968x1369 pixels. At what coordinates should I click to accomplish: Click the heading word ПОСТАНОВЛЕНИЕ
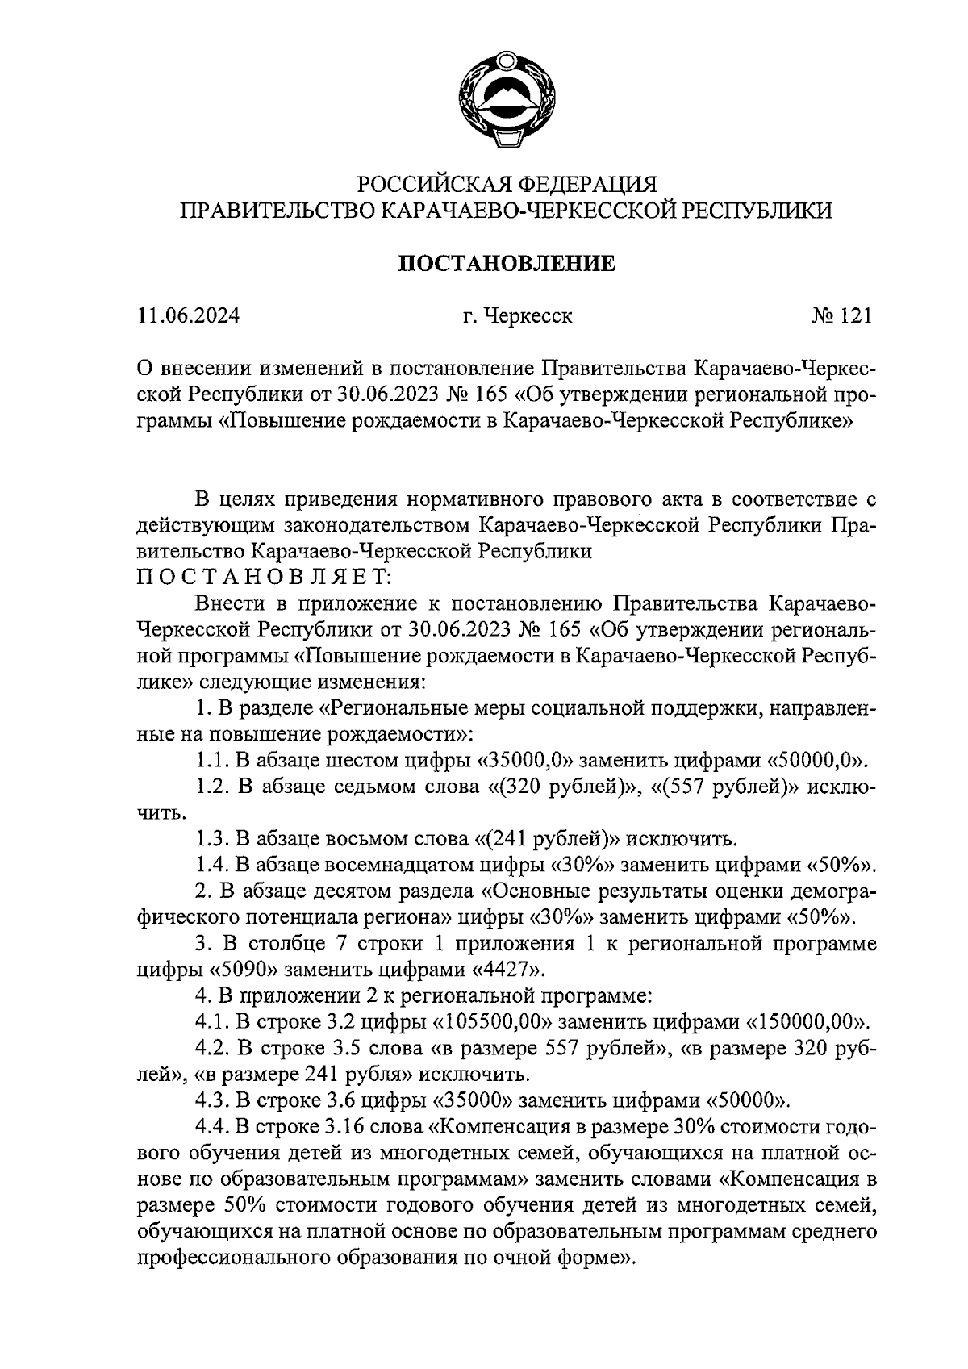507,264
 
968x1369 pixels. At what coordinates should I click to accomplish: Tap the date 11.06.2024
188,315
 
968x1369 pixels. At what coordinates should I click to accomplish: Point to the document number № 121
841,315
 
